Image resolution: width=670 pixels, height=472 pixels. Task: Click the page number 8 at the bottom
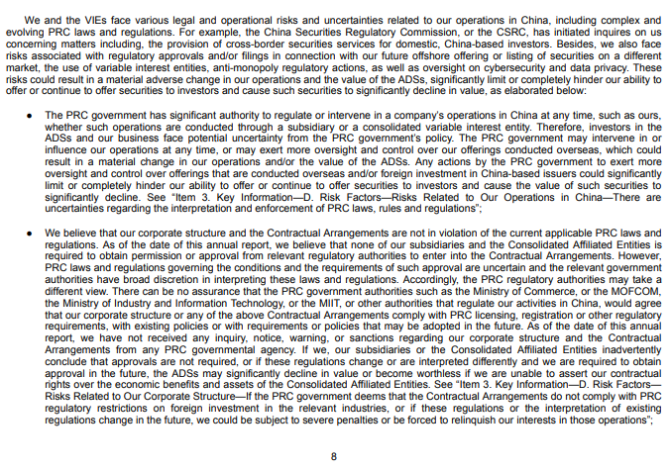pos(334,456)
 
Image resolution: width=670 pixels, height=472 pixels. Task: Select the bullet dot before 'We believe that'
pos(31,234)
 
